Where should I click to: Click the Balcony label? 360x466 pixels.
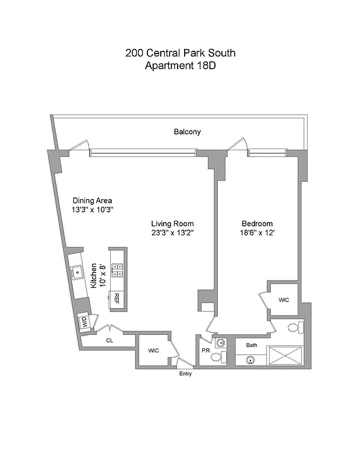tap(187, 132)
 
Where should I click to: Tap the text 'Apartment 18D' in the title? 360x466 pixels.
tap(180, 66)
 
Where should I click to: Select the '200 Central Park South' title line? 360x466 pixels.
tap(180, 53)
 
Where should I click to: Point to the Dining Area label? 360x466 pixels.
tap(92, 200)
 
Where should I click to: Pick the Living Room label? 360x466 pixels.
tap(172, 224)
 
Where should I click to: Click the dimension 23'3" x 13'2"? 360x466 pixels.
tap(172, 233)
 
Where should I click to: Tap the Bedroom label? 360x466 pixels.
tap(257, 224)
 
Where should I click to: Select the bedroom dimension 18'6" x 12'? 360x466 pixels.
tap(257, 233)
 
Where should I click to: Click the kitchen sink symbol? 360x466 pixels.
tap(77, 270)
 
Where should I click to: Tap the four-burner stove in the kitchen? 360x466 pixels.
tap(117, 269)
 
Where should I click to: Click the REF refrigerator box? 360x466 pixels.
tap(117, 299)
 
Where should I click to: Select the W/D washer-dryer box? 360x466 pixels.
tap(84, 322)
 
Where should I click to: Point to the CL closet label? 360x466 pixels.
tap(109, 341)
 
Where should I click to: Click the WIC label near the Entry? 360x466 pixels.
tap(153, 351)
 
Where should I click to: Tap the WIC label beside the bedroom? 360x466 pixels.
tap(284, 300)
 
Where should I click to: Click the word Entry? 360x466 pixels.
tap(185, 374)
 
